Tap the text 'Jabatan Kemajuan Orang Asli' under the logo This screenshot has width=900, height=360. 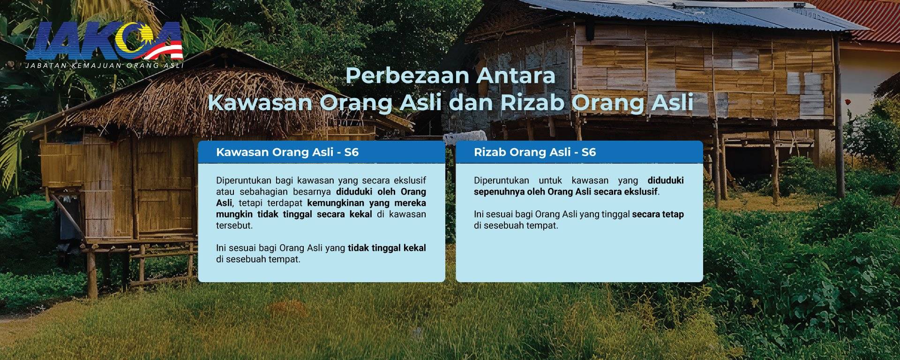coord(105,66)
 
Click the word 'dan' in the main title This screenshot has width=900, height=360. coord(471,103)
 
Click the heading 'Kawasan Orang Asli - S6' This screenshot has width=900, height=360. coord(287,152)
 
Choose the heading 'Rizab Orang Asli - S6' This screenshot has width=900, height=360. coord(535,152)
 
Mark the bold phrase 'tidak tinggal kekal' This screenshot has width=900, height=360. coord(387,248)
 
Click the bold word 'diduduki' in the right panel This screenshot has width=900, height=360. coord(666,180)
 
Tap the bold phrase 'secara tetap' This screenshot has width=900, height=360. coord(658,214)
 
